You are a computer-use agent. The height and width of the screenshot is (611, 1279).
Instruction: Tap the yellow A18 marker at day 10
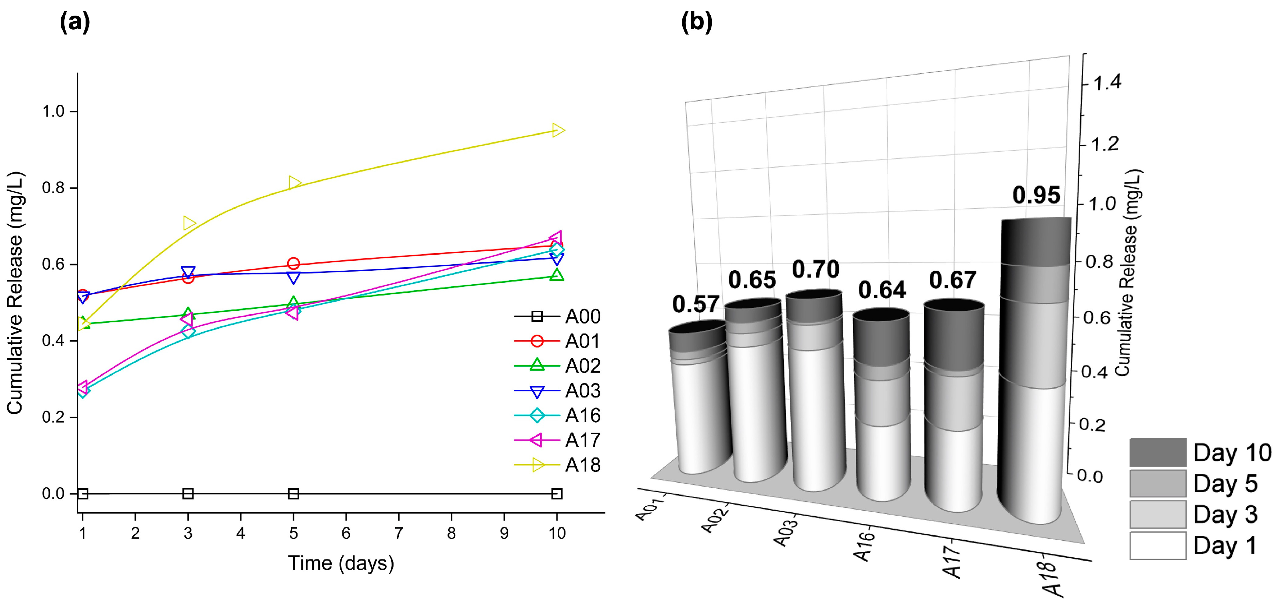coord(558,130)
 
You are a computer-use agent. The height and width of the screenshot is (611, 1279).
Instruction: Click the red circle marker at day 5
coord(294,264)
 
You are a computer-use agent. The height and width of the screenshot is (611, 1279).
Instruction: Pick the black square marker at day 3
coord(188,493)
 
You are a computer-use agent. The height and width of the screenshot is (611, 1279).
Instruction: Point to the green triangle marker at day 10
coord(557,275)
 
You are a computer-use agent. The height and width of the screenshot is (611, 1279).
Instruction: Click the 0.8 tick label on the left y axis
coord(53,188)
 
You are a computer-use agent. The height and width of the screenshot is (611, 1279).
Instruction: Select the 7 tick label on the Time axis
coord(398,533)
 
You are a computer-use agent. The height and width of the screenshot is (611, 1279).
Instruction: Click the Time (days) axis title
coord(341,563)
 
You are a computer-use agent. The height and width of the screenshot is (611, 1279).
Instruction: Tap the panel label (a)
coord(74,22)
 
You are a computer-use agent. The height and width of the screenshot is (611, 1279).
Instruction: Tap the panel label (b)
coord(697,22)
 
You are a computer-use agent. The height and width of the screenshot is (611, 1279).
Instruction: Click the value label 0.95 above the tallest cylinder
coord(1036,195)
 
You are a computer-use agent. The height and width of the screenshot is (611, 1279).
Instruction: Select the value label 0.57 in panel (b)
coord(695,304)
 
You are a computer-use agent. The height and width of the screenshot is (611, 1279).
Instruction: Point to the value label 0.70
coord(815,270)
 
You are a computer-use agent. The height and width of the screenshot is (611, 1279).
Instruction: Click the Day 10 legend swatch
coord(1157,452)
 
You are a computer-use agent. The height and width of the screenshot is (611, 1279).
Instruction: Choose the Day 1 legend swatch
coord(1157,545)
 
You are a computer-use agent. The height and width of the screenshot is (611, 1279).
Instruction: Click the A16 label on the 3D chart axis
coord(864,546)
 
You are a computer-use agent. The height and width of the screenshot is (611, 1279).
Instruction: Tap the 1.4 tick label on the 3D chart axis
coord(1107,82)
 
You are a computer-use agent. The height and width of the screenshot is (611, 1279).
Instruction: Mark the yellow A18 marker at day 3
coord(189,223)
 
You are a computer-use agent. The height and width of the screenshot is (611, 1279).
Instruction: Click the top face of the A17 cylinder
coord(954,306)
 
